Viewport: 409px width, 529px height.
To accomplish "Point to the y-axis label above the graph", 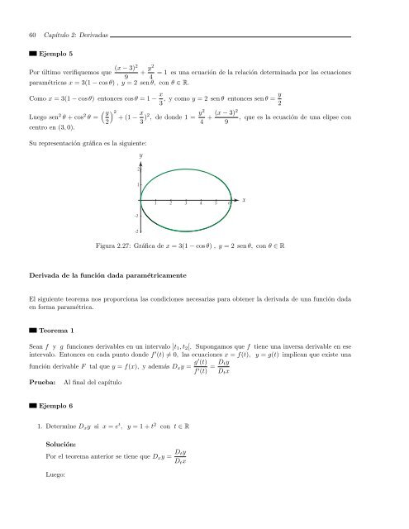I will (x=141, y=155).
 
